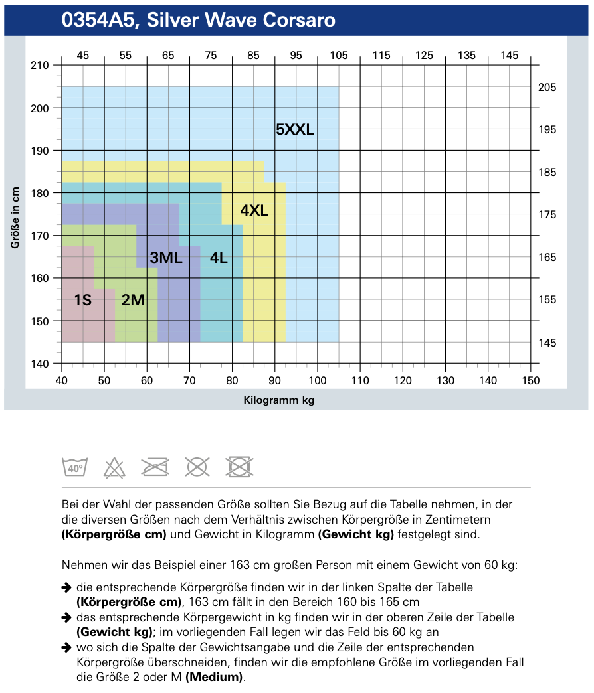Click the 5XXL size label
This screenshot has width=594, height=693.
pos(295,130)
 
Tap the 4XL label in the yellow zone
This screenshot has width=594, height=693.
pos(254,211)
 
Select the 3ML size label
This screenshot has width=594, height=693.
pos(166,258)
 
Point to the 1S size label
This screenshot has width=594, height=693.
pos(82,300)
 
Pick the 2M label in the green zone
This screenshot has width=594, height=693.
pos(133,300)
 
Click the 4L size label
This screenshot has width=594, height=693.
pos(219,258)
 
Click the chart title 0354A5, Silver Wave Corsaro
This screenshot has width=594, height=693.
pos(198,21)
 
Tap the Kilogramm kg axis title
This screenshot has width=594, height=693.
pos(279,400)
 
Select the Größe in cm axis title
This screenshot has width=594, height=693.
pos(14,217)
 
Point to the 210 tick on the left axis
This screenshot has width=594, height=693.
pos(41,65)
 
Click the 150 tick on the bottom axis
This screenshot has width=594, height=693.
pos(530,380)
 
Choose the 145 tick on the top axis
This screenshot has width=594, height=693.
pos(510,56)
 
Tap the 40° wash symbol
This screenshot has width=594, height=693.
pos(74,467)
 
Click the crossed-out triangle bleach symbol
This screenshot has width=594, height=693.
pos(114,467)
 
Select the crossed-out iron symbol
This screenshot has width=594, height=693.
pos(155,467)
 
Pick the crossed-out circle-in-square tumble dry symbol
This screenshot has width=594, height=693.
pos(240,467)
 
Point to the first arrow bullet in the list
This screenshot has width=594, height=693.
pos(66,587)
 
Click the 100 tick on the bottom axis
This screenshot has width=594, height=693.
pos(317,380)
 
